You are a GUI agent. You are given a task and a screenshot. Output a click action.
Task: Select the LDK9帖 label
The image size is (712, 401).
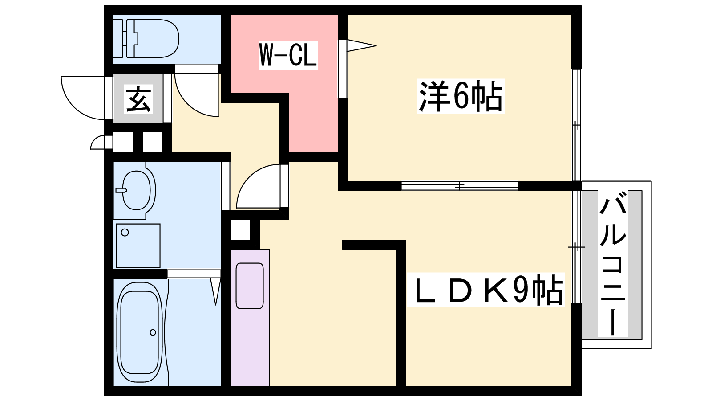(x=486, y=290)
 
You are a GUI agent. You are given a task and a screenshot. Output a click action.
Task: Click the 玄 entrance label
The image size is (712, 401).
(x=139, y=99)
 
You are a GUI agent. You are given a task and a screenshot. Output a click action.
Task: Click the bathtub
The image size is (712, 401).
(x=139, y=332)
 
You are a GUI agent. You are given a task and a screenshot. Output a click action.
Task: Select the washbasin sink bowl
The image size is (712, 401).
(x=137, y=189)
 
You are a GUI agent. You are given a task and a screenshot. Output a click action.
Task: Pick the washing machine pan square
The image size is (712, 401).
(x=138, y=245)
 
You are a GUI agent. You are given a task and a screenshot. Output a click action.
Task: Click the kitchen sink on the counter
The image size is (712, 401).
(x=250, y=286)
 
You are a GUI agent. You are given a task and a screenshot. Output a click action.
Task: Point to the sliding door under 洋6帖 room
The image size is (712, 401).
(x=460, y=185)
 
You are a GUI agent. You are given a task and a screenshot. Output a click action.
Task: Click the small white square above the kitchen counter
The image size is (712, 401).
(x=240, y=230)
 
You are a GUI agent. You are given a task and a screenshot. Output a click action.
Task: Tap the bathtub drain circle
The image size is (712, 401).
(x=153, y=332)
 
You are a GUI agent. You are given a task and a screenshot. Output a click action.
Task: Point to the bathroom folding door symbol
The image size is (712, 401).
(x=215, y=290)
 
